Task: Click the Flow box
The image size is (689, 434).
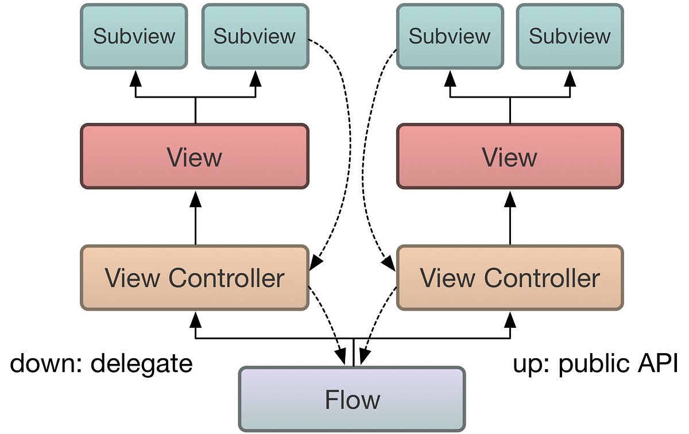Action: click(351, 399)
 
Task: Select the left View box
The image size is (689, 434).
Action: click(195, 156)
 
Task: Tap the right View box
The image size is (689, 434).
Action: click(509, 156)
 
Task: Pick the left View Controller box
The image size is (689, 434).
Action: click(195, 278)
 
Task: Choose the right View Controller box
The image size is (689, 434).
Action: click(509, 278)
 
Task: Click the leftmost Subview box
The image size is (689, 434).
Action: click(134, 36)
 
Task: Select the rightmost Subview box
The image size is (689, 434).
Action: click(570, 36)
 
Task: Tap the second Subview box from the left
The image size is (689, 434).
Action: click(255, 36)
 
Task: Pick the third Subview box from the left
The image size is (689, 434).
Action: click(450, 36)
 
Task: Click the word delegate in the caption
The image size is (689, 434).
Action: click(142, 363)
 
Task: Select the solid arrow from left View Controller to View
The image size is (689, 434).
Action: click(195, 218)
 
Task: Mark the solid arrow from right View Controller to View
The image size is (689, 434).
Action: click(510, 218)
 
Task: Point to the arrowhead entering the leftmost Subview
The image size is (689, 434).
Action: click(136, 79)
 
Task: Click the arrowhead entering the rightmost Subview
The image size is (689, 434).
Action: click(570, 79)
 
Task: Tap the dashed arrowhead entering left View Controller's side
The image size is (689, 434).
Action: click(315, 263)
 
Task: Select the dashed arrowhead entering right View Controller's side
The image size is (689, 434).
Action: click(389, 263)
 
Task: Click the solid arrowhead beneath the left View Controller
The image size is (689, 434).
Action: click(196, 318)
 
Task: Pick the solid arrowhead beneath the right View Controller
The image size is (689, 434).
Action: click(510, 318)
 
